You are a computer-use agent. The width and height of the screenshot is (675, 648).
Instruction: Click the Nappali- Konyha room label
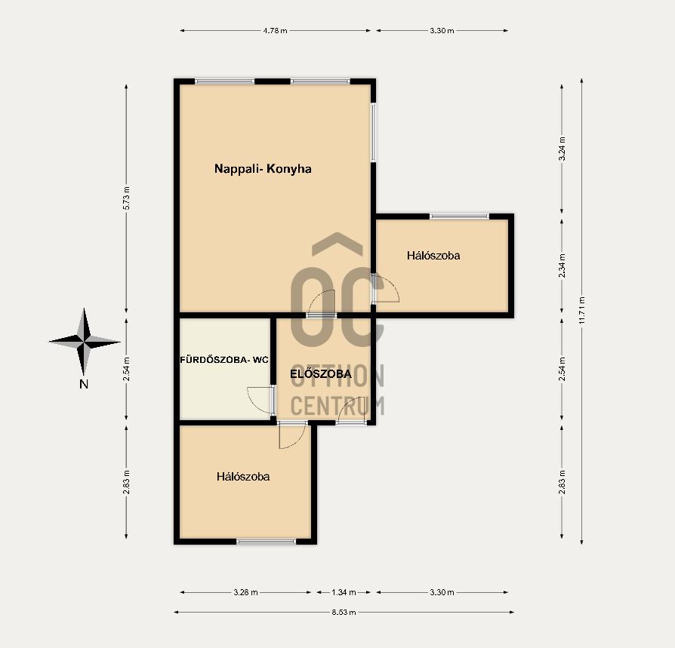tap(263, 168)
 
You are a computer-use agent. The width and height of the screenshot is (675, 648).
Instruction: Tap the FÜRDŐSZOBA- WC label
tap(223, 360)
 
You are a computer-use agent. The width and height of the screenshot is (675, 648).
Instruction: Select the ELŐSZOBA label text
tap(321, 373)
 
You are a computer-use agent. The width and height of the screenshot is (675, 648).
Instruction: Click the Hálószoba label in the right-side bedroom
tap(433, 256)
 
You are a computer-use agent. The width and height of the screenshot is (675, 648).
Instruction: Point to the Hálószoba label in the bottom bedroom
tap(243, 477)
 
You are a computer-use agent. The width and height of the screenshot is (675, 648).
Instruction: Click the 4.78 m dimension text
tap(275, 30)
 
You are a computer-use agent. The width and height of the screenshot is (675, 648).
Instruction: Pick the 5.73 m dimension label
tap(126, 198)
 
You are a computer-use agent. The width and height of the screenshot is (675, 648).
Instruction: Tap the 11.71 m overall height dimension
tap(581, 311)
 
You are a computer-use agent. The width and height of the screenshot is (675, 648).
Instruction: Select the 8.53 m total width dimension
tap(344, 612)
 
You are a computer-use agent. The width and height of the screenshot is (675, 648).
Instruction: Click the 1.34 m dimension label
tap(344, 592)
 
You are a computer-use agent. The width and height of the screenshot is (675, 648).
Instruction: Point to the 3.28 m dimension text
tap(246, 592)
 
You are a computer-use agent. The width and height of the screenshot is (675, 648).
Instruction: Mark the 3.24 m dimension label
tap(562, 149)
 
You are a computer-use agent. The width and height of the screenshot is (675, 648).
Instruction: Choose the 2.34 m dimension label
tap(562, 266)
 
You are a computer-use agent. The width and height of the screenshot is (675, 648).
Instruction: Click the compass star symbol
tap(84, 342)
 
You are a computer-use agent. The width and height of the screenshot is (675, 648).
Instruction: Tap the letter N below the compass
tap(84, 384)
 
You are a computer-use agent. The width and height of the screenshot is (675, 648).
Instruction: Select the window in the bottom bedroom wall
tap(267, 542)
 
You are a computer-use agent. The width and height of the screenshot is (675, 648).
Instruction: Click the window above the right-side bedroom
tap(459, 217)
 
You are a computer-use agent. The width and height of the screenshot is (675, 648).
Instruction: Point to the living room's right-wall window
tap(373, 133)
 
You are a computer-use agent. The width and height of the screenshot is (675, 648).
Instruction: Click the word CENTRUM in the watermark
tap(337, 406)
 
